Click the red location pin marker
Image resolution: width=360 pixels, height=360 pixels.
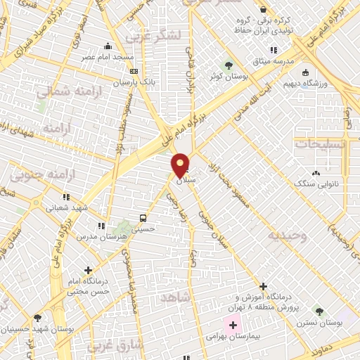click(180, 165)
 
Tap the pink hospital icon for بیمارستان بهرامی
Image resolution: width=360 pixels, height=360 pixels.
click(232, 325)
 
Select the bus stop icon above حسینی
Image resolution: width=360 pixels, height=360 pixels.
click(143, 217)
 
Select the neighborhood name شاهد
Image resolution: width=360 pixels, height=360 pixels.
click(176, 298)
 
